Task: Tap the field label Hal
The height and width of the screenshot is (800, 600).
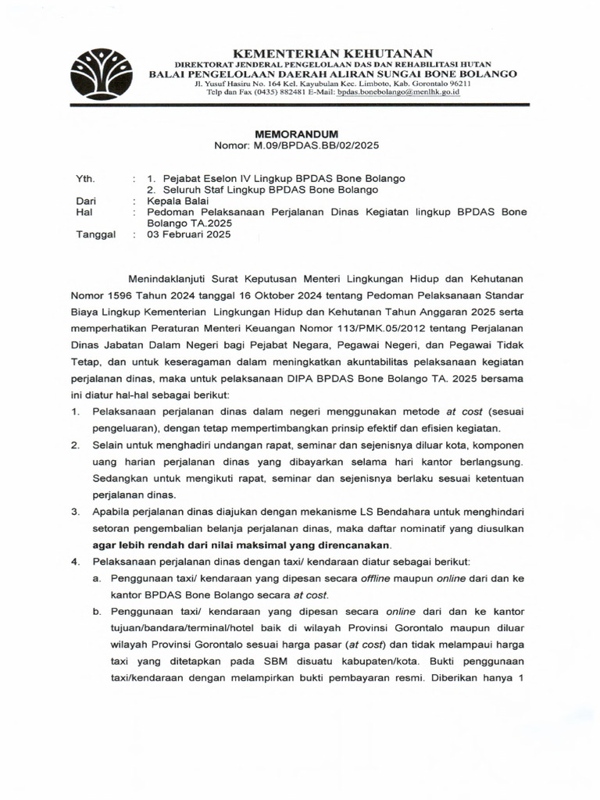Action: point(83,212)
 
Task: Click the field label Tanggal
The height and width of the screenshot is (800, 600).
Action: point(95,234)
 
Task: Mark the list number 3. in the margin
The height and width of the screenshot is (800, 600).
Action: point(76,511)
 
